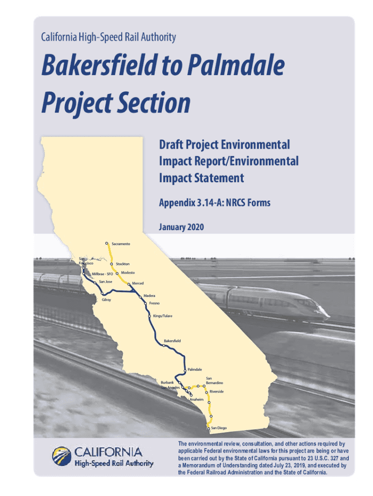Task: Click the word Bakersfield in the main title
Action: (99, 65)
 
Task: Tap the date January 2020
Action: (181, 227)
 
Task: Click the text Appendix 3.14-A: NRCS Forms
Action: (215, 203)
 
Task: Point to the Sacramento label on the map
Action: (121, 244)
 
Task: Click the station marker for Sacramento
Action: (107, 243)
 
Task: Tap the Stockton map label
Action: (123, 264)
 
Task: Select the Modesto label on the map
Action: (128, 273)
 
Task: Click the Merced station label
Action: (138, 283)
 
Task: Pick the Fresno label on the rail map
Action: (155, 303)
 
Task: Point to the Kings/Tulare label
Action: (163, 316)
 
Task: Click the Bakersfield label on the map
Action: (172, 341)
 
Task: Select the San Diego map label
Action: (219, 428)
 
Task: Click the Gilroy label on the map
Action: (106, 299)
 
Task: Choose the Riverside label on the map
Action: (217, 391)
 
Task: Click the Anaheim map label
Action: (197, 400)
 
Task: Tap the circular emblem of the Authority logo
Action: (62, 456)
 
